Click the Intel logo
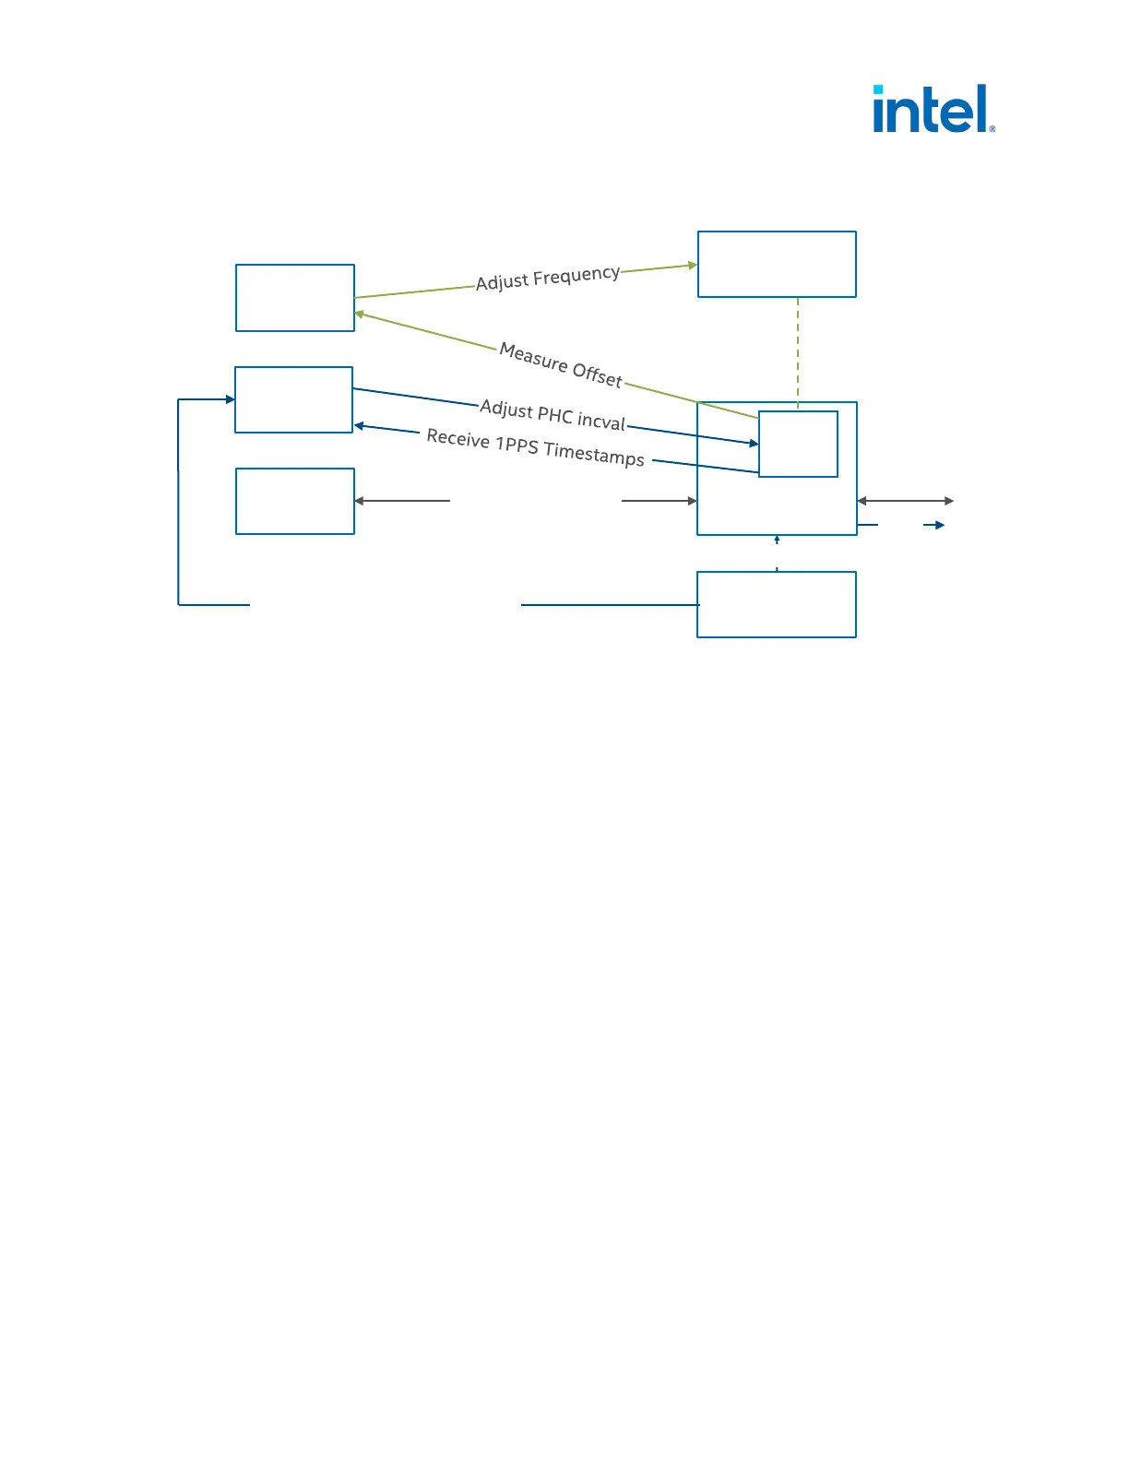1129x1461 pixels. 933,110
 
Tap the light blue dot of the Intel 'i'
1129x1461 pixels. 878,89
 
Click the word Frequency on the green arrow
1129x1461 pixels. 576,275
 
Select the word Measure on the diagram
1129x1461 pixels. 533,357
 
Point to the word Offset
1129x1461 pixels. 597,374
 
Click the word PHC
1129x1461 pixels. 554,415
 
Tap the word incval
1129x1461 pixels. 600,422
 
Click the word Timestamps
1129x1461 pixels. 594,454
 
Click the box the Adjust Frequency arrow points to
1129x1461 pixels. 777,265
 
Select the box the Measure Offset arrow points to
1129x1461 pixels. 295,298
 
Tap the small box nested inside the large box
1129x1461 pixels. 798,444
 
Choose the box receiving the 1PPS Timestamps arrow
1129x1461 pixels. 294,399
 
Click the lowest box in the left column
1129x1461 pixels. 295,501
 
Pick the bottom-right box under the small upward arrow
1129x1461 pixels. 777,604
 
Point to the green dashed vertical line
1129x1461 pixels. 798,350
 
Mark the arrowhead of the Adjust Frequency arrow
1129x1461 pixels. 693,266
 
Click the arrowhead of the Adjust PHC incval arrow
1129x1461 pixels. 754,444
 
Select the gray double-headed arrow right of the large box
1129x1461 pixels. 905,501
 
